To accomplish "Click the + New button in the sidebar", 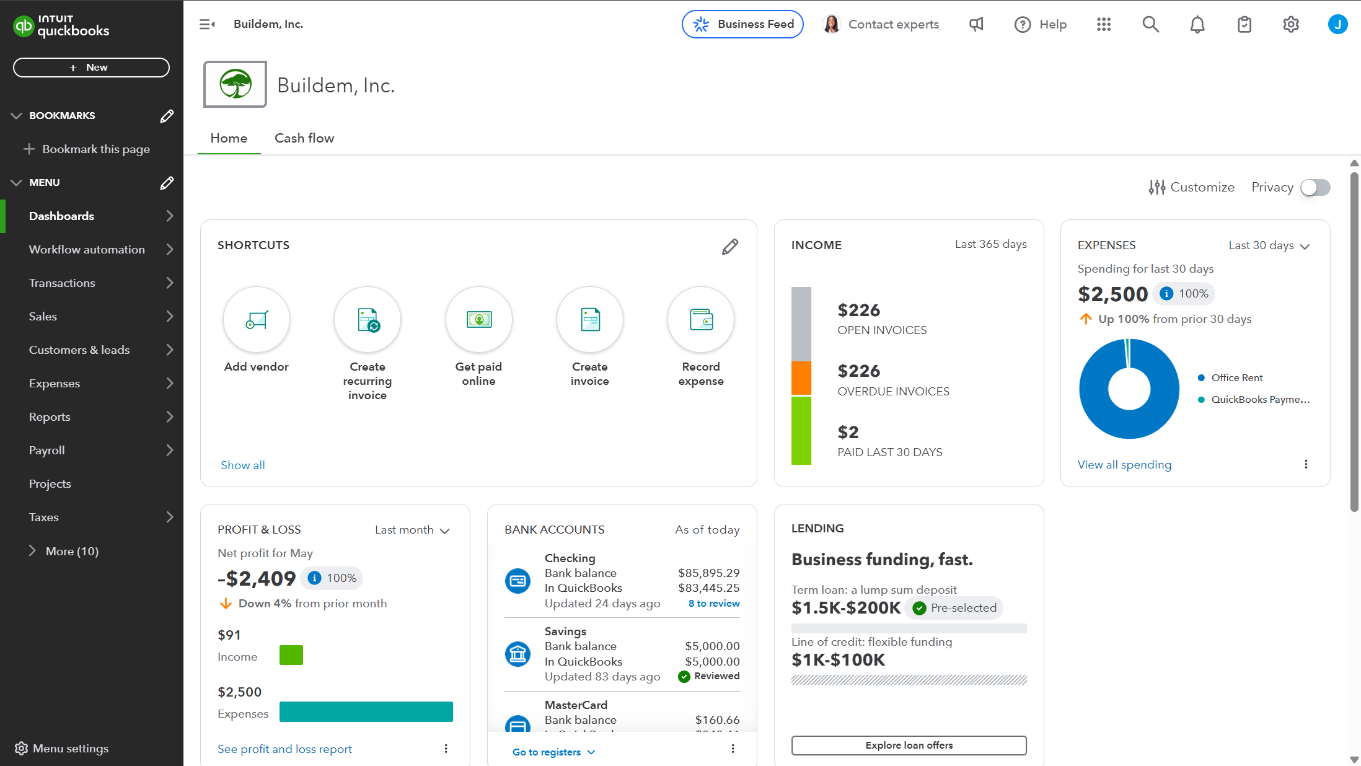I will (91, 68).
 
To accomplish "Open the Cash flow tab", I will (304, 138).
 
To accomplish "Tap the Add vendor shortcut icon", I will (256, 320).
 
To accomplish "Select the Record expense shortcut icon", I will (700, 320).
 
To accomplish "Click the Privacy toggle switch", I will (1315, 187).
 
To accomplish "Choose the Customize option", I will (1191, 187).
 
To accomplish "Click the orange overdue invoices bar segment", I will (801, 377).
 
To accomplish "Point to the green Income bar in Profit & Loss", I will (291, 655).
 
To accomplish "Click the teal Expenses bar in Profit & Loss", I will (366, 711).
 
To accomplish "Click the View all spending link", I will (1124, 465).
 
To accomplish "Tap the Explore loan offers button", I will (909, 745).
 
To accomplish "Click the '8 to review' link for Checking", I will (713, 604).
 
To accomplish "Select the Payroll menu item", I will (47, 451).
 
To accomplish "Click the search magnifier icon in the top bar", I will (1150, 24).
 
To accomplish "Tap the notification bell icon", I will (1197, 24).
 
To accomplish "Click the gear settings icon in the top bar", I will (1290, 24).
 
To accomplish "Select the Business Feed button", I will (742, 24).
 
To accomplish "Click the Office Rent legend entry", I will (1236, 378).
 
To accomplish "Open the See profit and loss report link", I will (284, 749).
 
